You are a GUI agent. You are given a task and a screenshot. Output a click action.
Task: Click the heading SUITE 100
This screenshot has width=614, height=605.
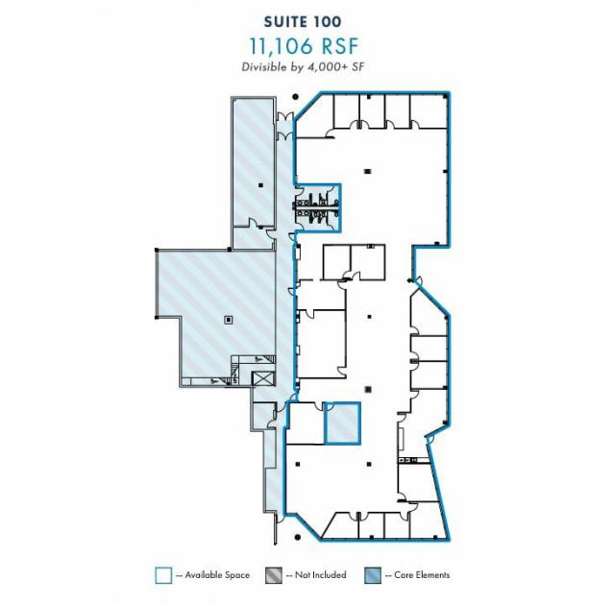tap(303, 22)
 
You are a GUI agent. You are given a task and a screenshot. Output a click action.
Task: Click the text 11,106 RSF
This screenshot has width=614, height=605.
tap(304, 46)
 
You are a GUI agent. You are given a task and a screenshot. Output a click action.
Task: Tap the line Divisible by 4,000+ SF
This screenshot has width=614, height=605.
tap(303, 67)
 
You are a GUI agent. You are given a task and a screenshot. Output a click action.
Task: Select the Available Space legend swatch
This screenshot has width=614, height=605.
tap(163, 575)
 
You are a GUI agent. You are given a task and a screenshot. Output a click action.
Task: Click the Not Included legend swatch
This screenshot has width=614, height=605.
tap(273, 575)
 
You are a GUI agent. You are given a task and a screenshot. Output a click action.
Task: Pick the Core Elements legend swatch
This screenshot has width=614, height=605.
tap(373, 575)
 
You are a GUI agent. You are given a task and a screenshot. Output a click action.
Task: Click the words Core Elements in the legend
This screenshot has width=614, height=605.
tap(422, 575)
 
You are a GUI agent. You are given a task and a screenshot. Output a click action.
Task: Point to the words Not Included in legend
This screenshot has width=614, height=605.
tap(320, 575)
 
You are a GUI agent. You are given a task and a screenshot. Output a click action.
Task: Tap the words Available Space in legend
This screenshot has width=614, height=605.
tap(217, 575)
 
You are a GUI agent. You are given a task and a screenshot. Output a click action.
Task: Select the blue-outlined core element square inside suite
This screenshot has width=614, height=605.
tap(342, 423)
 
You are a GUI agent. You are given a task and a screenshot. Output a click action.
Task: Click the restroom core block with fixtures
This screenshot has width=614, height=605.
tap(318, 207)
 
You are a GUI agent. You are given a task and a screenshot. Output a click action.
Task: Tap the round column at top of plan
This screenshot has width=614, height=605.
tap(296, 97)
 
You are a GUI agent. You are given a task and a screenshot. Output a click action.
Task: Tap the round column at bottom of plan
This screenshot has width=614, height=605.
tap(298, 538)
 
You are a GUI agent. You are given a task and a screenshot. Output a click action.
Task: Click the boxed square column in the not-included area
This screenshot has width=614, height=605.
tap(229, 320)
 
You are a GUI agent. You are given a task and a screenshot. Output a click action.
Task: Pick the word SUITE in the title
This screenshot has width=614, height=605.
tap(282, 22)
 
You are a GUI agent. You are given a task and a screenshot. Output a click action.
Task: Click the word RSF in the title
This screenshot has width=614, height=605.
tap(340, 46)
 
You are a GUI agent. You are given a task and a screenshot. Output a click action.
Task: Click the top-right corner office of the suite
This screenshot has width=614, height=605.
tap(429, 111)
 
